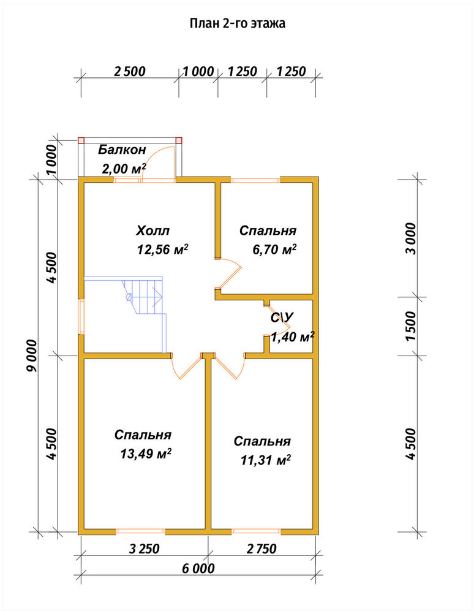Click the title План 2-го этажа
238,23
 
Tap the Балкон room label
122,150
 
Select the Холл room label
152,230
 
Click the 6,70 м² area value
274,249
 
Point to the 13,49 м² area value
146,454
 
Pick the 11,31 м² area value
266,460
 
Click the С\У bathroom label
282,318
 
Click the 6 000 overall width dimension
198,568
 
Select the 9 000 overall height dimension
32,356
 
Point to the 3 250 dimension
145,549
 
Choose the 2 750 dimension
261,549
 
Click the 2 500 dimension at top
130,72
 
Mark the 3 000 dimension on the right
411,238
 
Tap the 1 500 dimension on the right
411,326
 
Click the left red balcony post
81,140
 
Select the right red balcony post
179,140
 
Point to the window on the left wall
81,316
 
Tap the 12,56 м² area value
162,249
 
